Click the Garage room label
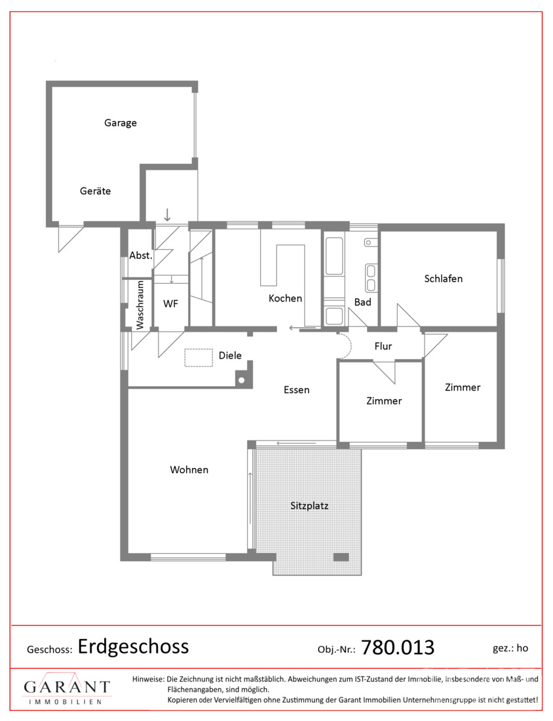pos(121,123)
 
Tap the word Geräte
pos(95,191)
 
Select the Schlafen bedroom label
pos(443,278)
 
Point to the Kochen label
pos(285,298)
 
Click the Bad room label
pos(363,302)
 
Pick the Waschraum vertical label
pos(140,305)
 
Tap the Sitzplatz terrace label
pos(309,505)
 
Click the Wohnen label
pos(189,469)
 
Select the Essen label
pos(297,390)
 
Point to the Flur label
pos(383,346)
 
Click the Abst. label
pos(140,255)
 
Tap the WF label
pos(170,303)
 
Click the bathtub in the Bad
pos(334,256)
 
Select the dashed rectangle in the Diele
pos(199,358)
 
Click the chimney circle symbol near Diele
pos(241,380)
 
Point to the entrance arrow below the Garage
pos(167,214)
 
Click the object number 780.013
pos(398,648)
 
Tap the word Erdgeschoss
pos(133,646)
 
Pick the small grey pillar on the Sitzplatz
pos(341,557)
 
